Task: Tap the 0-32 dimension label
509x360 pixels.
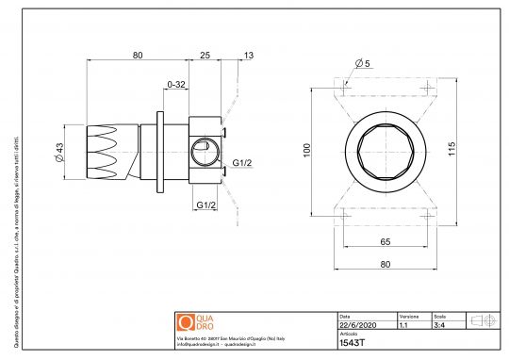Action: tap(175, 85)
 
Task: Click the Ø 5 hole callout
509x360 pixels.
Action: tap(364, 63)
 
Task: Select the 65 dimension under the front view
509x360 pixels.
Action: tap(385, 242)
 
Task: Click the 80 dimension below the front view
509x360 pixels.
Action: tap(385, 264)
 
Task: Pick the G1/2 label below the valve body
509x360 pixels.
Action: tap(206, 204)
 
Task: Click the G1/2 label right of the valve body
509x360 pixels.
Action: tap(242, 163)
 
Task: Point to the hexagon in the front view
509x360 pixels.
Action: tap(385, 150)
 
